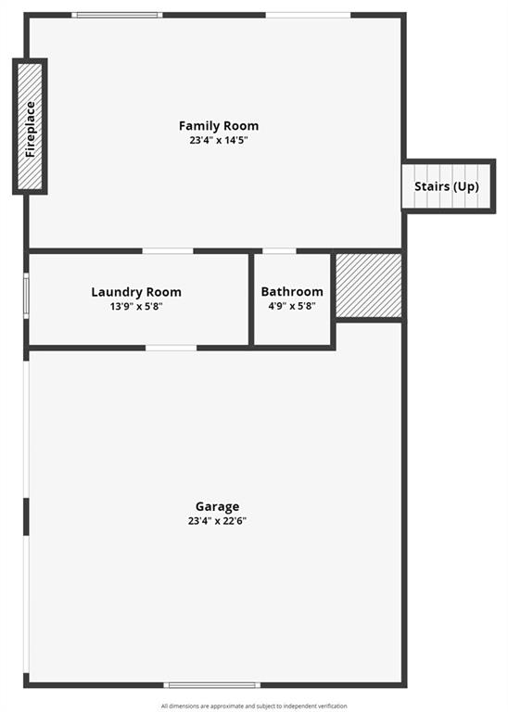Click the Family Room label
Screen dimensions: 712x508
click(x=219, y=126)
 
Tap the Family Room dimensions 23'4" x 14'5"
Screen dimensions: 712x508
click(x=219, y=141)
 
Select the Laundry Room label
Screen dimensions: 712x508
click(x=136, y=292)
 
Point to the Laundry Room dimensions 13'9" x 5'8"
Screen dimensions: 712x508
click(x=136, y=306)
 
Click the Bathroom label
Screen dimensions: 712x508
click(x=292, y=292)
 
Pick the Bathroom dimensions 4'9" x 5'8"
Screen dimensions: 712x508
click(x=292, y=306)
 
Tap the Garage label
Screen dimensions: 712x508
click(x=217, y=506)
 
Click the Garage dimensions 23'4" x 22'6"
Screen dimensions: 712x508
click(x=217, y=521)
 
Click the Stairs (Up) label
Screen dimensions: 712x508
click(x=447, y=186)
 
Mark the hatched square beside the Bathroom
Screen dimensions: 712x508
click(x=368, y=286)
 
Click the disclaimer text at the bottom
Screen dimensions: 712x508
click(x=254, y=706)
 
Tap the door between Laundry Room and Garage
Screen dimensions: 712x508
click(x=171, y=348)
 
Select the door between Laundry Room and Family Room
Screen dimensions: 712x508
click(x=167, y=250)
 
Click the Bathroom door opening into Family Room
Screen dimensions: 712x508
click(x=279, y=250)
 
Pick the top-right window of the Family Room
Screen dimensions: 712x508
click(x=308, y=15)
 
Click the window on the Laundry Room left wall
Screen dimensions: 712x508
click(x=26, y=296)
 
